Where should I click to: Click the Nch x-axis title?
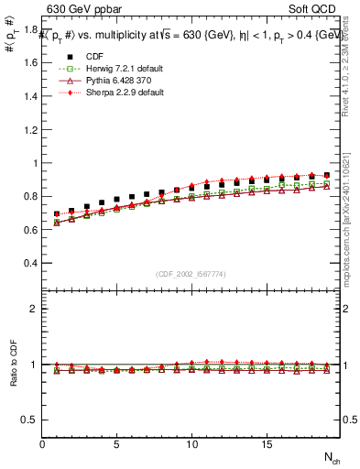tap(332, 457)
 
